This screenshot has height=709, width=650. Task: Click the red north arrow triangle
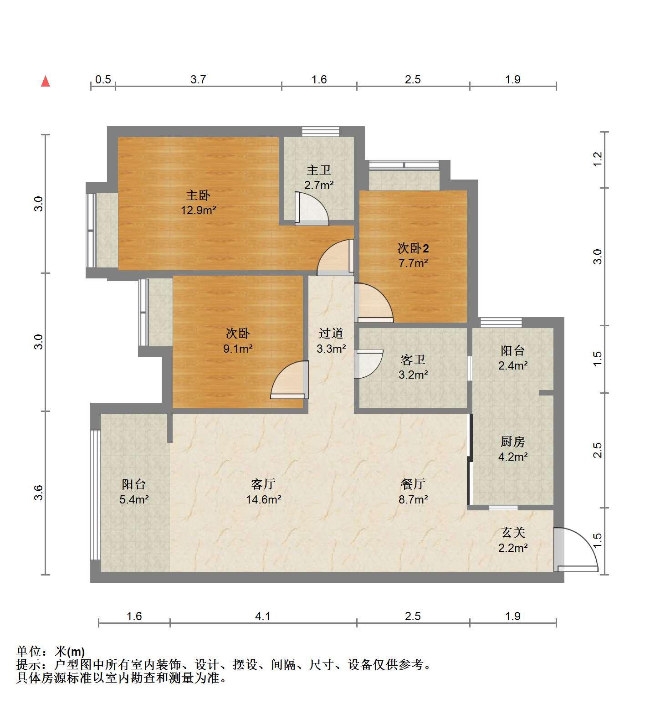pos(45,81)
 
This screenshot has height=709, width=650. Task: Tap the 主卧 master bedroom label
pos(198,195)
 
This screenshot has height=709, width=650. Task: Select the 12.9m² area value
pos(198,211)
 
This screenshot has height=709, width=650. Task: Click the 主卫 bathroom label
pos(319,170)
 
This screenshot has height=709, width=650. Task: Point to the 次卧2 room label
pos(413,248)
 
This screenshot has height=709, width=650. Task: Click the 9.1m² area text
pos(238,349)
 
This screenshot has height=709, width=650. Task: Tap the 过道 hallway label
pos(331,334)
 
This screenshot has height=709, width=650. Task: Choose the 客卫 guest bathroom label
pos(413,360)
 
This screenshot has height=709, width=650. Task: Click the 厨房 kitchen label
pos(513,441)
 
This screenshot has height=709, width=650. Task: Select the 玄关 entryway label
pos(513,532)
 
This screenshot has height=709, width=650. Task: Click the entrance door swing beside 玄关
pos(576,549)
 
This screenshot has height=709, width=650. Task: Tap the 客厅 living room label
pos(263,484)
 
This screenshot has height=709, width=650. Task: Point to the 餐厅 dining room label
pos(413,484)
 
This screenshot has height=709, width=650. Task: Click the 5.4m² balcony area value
pos(134,499)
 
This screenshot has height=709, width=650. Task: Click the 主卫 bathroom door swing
pos(312,209)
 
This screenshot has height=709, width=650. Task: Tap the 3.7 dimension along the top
pos(198,80)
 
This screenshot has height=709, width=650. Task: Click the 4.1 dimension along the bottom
pos(263,617)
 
